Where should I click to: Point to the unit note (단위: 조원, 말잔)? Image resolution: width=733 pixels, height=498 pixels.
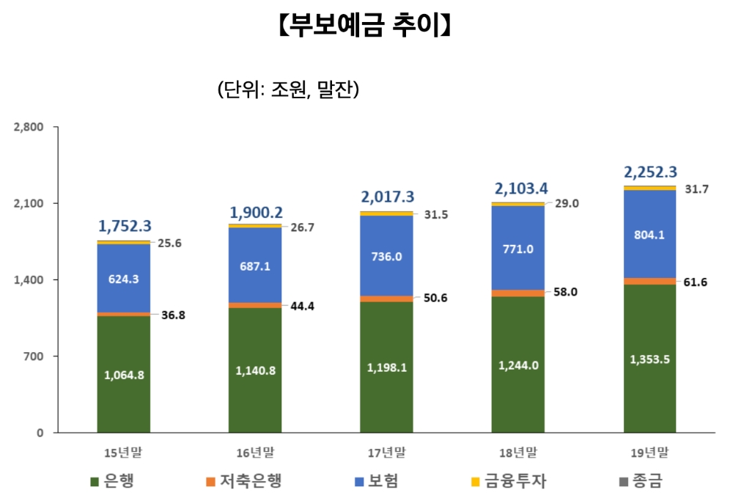(287, 89)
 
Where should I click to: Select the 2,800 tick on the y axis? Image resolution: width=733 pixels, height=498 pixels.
(29, 127)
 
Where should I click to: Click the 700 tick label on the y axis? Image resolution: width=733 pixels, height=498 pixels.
(34, 356)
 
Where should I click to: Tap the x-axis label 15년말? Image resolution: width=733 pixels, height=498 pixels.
(123, 452)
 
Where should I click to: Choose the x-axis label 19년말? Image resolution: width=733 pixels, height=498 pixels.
(650, 452)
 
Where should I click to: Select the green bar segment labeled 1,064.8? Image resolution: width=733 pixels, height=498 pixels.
(123, 374)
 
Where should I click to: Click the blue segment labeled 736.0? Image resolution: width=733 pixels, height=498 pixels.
(386, 256)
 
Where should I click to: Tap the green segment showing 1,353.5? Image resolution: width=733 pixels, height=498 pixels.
(650, 359)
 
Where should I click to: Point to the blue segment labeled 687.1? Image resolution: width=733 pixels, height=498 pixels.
(255, 266)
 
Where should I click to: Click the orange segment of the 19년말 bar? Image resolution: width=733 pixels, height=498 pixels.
(650, 281)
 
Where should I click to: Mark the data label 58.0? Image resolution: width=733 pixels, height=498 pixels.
(566, 291)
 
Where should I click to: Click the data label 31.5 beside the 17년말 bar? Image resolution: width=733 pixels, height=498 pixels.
(435, 215)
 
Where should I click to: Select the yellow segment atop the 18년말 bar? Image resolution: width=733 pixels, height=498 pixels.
(518, 204)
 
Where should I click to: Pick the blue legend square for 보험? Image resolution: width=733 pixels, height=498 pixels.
(359, 482)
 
